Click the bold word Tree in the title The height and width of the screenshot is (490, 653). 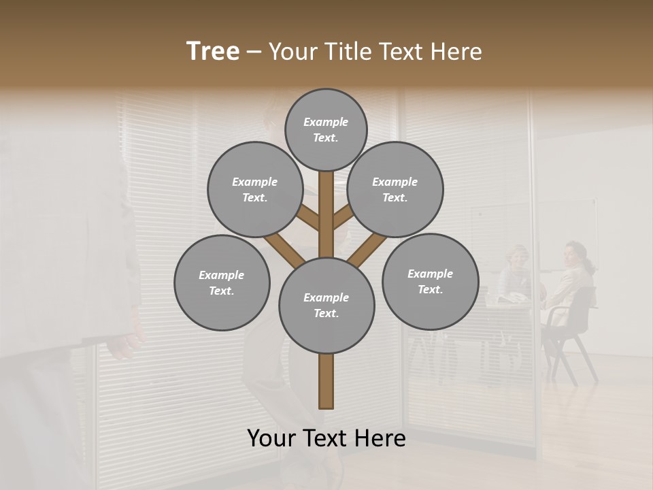click(x=213, y=51)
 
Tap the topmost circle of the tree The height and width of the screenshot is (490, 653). click(x=326, y=129)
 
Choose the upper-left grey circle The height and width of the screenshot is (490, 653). click(x=255, y=189)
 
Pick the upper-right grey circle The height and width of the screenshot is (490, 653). click(x=395, y=189)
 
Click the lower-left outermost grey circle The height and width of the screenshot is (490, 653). click(x=222, y=282)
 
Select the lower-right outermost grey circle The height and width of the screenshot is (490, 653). click(x=430, y=281)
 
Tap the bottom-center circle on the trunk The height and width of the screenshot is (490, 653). click(x=326, y=306)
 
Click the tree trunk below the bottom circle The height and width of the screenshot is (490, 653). click(x=326, y=381)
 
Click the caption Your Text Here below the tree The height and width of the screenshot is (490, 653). click(x=326, y=438)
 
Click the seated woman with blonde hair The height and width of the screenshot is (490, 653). click(x=517, y=272)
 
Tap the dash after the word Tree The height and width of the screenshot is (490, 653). click(x=254, y=52)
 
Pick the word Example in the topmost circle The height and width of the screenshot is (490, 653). click(x=326, y=122)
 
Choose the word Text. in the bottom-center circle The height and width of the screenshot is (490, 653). click(x=326, y=314)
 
